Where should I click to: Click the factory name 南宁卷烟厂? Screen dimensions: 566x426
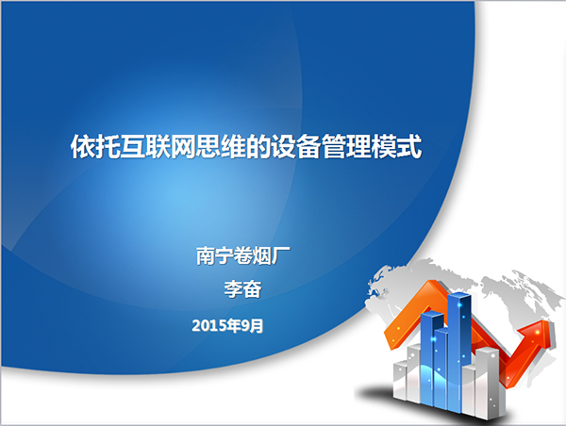coord(243,255)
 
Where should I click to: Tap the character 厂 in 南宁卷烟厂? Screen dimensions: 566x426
coord(281,255)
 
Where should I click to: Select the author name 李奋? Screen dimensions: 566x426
coord(243,289)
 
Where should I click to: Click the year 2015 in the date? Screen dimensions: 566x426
coord(209,326)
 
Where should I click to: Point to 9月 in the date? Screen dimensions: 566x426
coord(252,326)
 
